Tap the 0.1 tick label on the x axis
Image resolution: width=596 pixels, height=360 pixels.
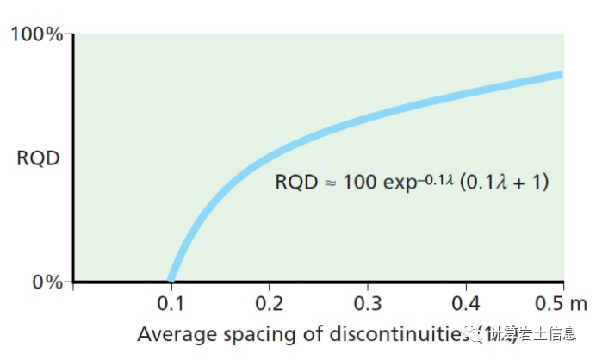(171, 303)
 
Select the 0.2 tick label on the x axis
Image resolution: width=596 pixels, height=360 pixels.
(269, 303)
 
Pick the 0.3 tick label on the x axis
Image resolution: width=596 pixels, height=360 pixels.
(367, 303)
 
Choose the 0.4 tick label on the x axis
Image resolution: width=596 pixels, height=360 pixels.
(465, 303)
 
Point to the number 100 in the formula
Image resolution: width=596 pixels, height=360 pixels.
(358, 183)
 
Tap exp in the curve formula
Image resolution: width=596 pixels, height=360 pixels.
(395, 184)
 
